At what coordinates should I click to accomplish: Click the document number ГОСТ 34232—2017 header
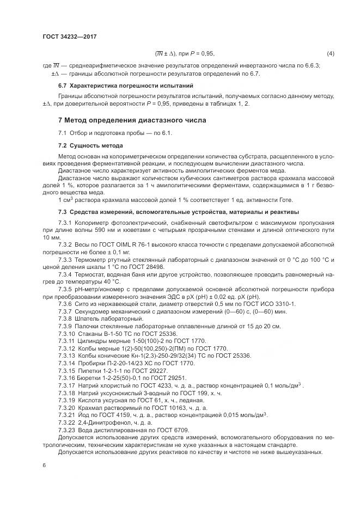tap(69, 36)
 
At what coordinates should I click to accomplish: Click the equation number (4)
tap(330, 53)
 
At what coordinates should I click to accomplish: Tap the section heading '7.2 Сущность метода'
tap(90, 145)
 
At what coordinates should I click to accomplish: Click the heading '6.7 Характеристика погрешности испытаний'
tap(124, 85)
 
